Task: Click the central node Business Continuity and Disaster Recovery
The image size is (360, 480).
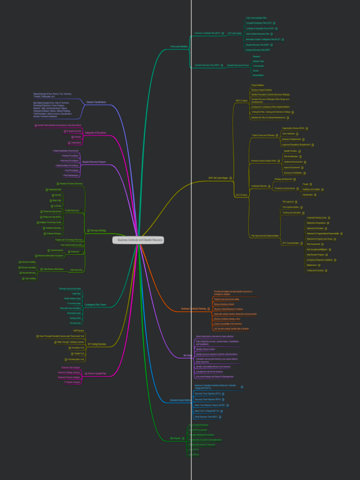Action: tap(140, 240)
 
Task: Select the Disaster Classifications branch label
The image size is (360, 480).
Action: tap(96, 102)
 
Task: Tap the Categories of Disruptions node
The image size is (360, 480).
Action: tap(95, 133)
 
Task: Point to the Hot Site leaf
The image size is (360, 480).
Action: tap(58, 195)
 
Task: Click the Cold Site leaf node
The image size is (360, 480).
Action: tap(58, 206)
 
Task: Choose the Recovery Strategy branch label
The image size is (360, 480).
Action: tap(98, 230)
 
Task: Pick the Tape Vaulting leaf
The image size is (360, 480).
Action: tap(29, 278)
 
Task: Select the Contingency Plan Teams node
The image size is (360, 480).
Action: tap(95, 305)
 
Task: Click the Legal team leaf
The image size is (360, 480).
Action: tap(76, 293)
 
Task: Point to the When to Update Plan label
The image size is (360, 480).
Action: tap(97, 374)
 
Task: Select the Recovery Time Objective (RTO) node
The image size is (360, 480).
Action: tap(207, 394)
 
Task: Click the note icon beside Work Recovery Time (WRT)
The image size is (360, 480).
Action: tap(220, 417)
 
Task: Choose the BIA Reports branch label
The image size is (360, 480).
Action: tap(175, 438)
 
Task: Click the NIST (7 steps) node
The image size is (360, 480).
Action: tap(241, 101)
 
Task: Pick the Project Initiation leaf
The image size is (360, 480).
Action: tap(257, 85)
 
